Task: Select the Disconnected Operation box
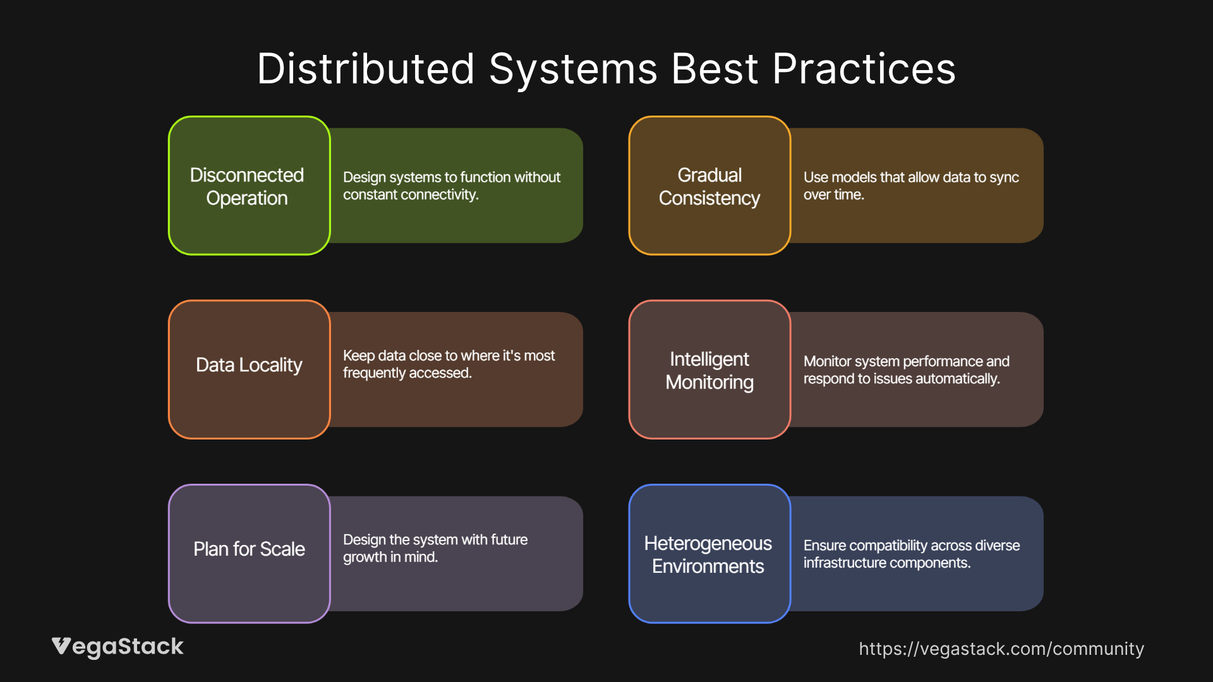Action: click(249, 186)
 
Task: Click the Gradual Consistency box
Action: click(709, 186)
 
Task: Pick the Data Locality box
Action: click(249, 369)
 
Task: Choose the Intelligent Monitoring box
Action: click(709, 369)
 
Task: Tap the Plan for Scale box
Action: click(249, 553)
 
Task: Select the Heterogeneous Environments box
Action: click(709, 553)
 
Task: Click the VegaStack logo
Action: click(118, 647)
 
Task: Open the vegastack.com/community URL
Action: click(1001, 649)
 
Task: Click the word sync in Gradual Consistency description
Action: click(1003, 177)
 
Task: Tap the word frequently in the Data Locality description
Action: click(371, 373)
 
